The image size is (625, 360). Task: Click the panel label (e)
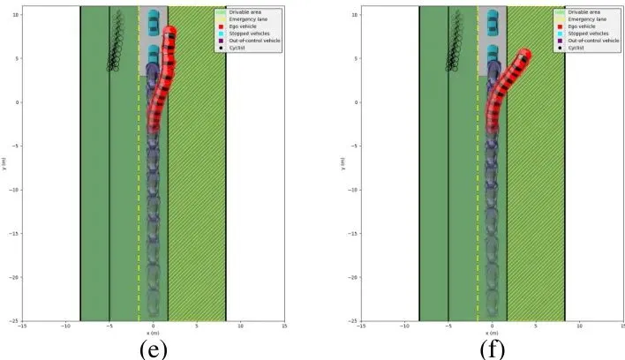[x=153, y=349]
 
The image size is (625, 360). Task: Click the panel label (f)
[x=493, y=349]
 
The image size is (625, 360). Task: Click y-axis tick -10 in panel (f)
[x=351, y=190]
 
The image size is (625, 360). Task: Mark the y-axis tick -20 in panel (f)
[x=351, y=277]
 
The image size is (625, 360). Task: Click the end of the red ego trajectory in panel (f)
[x=526, y=54]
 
